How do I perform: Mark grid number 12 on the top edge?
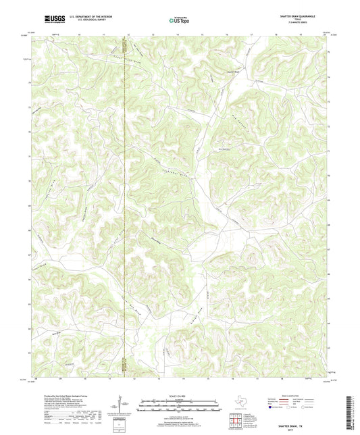click(128, 32)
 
